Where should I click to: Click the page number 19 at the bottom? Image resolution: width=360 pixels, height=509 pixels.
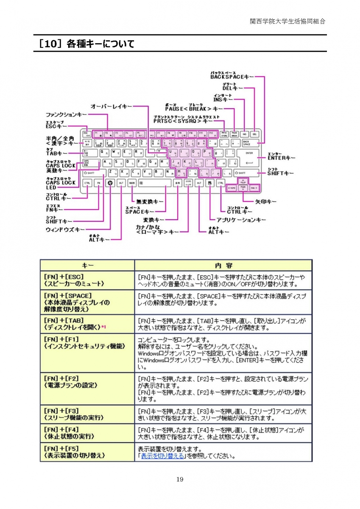(x=180, y=480)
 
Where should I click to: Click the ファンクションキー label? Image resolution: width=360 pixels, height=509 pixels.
(x=67, y=115)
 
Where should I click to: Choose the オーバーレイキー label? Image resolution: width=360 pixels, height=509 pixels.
(x=111, y=106)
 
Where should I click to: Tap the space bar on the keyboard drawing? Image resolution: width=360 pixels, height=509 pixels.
(x=154, y=183)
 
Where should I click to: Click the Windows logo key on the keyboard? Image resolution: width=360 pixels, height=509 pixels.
(x=110, y=183)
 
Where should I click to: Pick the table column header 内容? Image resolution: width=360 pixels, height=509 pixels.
(x=223, y=266)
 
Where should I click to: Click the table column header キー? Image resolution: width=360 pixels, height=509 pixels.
(x=87, y=266)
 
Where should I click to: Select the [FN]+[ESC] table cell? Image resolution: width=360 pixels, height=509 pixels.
(x=87, y=280)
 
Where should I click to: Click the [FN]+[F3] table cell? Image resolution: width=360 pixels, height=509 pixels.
(x=87, y=414)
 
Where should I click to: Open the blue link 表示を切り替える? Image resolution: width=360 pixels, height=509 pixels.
(x=162, y=456)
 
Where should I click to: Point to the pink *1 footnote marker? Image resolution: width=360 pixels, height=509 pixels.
(x=103, y=327)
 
